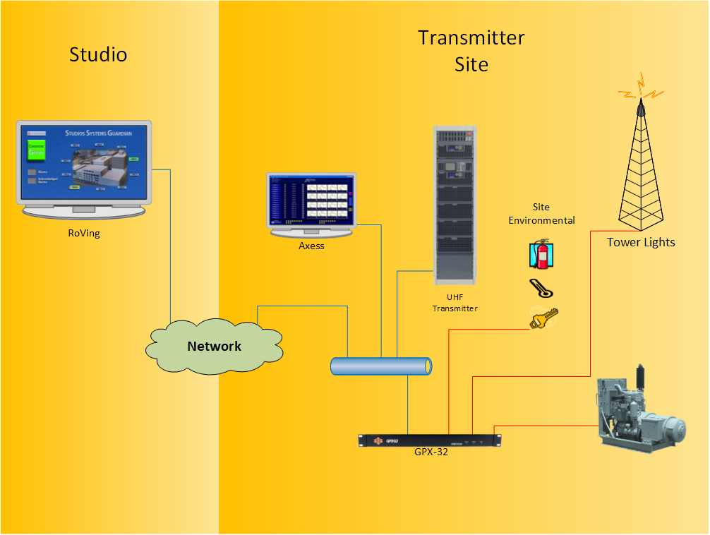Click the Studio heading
coord(98,54)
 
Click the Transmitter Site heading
coord(471,50)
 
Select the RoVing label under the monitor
coord(84,234)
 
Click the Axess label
coord(311,246)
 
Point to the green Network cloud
coord(214,347)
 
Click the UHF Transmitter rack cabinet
coord(455,200)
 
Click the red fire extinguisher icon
coord(541,255)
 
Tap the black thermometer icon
coord(541,289)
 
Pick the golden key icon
coord(543,318)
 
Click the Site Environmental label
coord(541,214)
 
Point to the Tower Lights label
coord(641,242)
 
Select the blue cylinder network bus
coord(381,366)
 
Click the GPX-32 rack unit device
coord(430,440)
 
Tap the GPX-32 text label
coord(431,452)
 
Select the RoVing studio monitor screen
coord(84,163)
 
